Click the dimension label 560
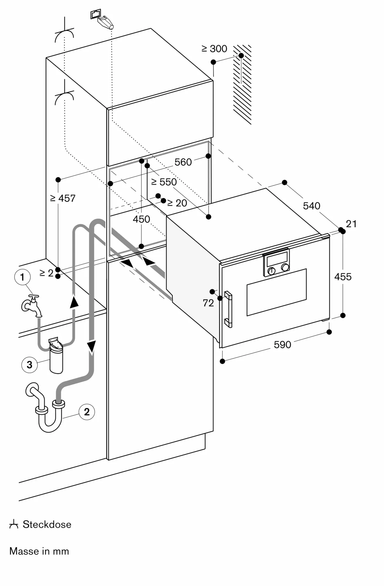(x=183, y=162)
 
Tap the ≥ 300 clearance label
(x=214, y=49)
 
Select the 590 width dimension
(x=282, y=345)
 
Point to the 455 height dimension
(x=343, y=277)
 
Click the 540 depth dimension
(x=312, y=206)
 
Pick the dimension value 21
(x=351, y=224)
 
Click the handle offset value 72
(x=208, y=303)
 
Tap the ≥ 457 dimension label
(x=63, y=198)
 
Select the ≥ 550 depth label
(x=164, y=182)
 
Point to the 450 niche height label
(x=141, y=219)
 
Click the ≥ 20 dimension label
(x=177, y=203)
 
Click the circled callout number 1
(x=22, y=277)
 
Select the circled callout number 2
(x=87, y=412)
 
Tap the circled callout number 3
(x=29, y=365)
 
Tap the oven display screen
(x=276, y=257)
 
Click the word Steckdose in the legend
(x=47, y=524)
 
